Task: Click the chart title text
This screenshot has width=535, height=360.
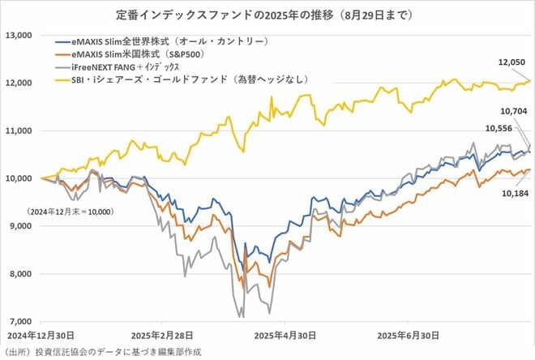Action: (x=267, y=14)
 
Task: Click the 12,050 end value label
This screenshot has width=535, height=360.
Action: (x=512, y=62)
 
